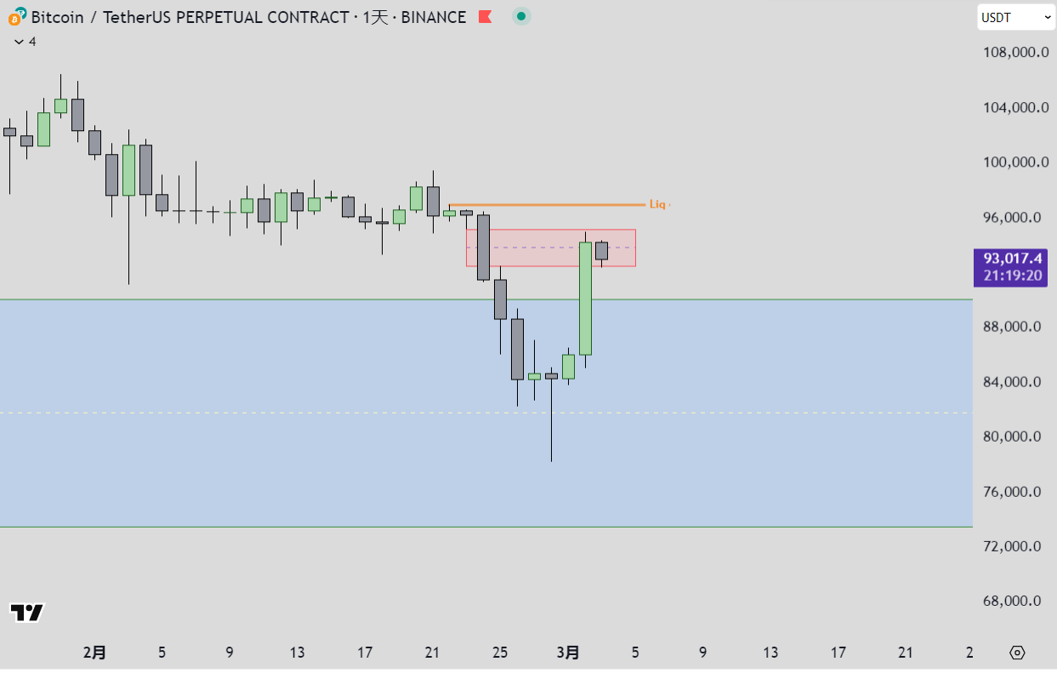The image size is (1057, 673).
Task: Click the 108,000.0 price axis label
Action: (x=1012, y=53)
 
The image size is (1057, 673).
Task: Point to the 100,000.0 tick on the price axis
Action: (x=1012, y=163)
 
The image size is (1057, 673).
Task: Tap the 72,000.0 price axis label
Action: (x=1012, y=546)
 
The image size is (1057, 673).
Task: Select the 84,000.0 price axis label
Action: (x=1012, y=382)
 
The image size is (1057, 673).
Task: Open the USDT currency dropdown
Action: (x=1017, y=17)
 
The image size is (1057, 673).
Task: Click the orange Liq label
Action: (x=657, y=204)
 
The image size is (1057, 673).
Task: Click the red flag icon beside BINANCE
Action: (x=485, y=17)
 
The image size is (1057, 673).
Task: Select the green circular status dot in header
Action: (x=521, y=16)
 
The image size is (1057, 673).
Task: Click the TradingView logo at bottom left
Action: (x=26, y=612)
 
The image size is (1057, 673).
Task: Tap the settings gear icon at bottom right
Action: (x=1017, y=653)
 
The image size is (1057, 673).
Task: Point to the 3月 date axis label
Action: (x=568, y=653)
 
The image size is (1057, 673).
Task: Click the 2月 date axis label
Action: (x=94, y=653)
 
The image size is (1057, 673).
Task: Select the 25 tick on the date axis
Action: (x=500, y=653)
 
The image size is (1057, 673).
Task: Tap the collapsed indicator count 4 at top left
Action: (x=26, y=41)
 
